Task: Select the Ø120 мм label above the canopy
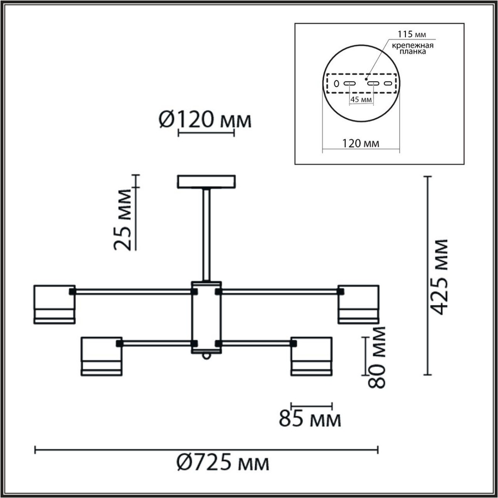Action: tap(205, 120)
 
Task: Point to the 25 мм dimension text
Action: tap(123, 220)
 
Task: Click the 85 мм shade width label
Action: tap(310, 419)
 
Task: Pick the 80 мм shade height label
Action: tap(376, 357)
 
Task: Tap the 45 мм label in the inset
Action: tap(361, 100)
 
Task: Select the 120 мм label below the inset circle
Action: tap(360, 144)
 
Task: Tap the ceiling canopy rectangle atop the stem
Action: tap(206, 182)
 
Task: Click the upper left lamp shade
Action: tap(54, 304)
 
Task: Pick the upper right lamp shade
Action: tap(358, 304)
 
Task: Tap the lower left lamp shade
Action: tap(102, 356)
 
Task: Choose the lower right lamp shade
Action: tap(311, 356)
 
